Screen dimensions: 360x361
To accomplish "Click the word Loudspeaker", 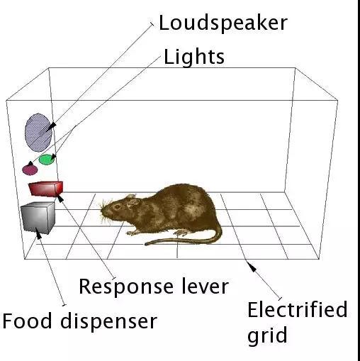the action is tap(223, 23).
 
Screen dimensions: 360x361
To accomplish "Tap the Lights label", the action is tap(194, 56).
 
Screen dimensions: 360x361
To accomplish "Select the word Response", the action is tap(126, 287).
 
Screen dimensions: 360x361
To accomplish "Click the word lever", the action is tap(206, 286).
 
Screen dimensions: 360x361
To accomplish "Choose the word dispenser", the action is tap(108, 321).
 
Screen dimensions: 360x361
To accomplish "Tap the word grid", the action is tap(267, 335).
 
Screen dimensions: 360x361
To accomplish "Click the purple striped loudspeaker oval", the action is tap(38, 133).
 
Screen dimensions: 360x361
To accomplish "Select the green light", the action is tap(47, 160).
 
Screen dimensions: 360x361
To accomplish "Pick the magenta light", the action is tap(30, 170).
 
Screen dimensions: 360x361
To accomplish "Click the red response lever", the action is tap(46, 189).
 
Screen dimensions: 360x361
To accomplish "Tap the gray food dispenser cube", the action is tap(38, 218).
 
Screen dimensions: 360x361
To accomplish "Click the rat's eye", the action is tap(117, 207).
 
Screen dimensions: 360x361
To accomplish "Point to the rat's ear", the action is tap(132, 200).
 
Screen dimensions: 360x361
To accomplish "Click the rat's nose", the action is tap(102, 210).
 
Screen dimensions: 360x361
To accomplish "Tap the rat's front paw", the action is tap(132, 233).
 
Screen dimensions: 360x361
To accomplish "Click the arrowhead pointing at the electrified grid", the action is tap(252, 267).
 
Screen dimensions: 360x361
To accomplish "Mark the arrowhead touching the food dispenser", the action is tap(38, 233).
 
